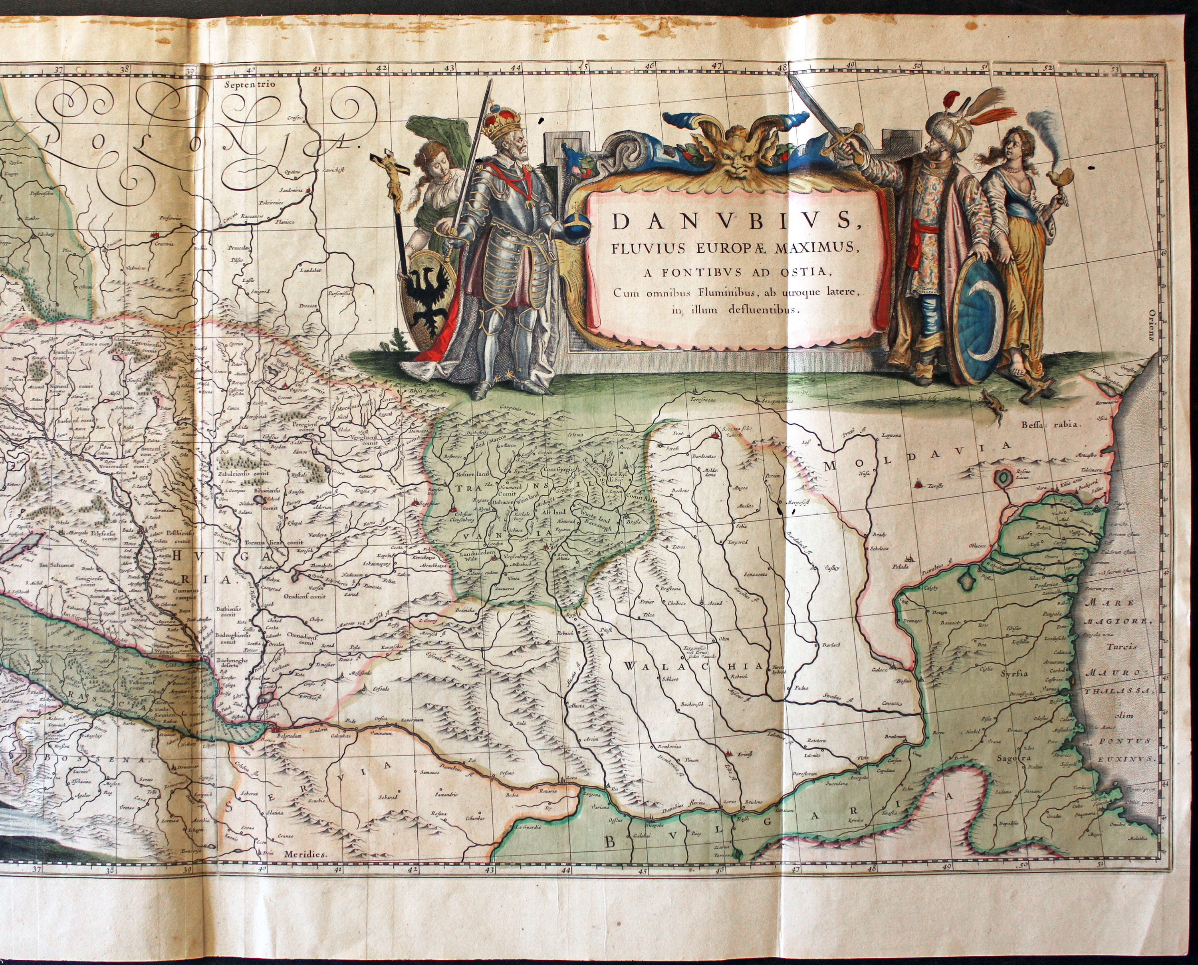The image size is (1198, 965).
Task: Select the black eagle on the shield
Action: pyautogui.click(x=428, y=293)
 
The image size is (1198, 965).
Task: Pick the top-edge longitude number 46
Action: pyautogui.click(x=648, y=65)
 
